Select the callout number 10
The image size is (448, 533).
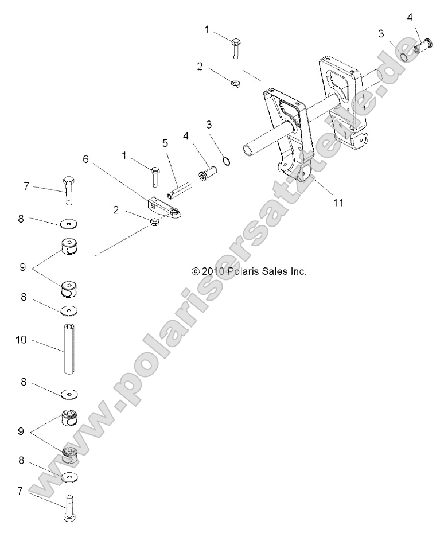pos(21,340)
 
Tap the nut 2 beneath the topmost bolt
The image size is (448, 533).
pos(235,84)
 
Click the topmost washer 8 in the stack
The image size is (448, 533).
pos(69,223)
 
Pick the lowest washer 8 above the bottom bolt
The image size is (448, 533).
pos(69,477)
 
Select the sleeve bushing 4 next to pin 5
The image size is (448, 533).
pos(208,173)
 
